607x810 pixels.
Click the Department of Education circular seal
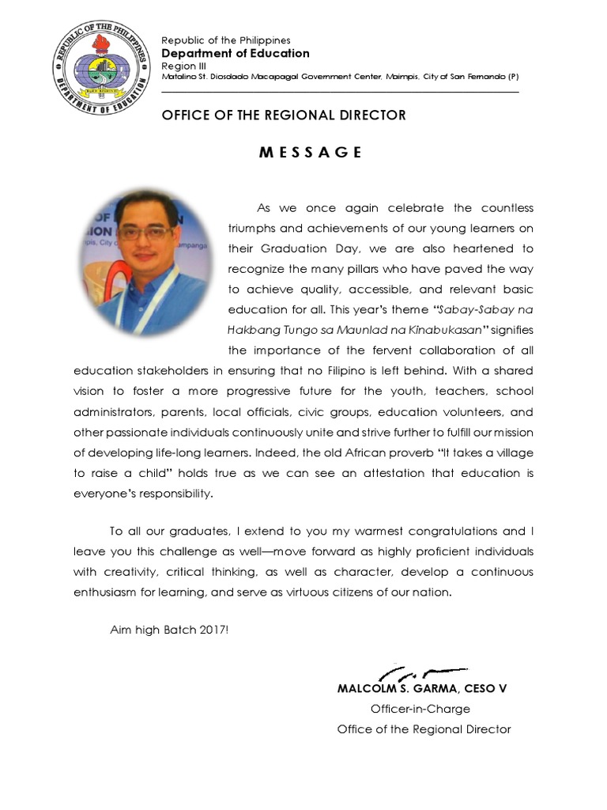coord(100,72)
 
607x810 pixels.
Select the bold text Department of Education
coord(236,53)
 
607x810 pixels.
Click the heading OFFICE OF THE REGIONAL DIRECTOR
coord(284,115)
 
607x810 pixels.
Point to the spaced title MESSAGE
coord(311,153)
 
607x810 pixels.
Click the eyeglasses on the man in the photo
coord(145,233)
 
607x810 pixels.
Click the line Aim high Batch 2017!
coord(168,630)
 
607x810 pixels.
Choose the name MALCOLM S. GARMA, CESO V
coord(422,689)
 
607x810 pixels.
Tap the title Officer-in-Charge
coord(420,709)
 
